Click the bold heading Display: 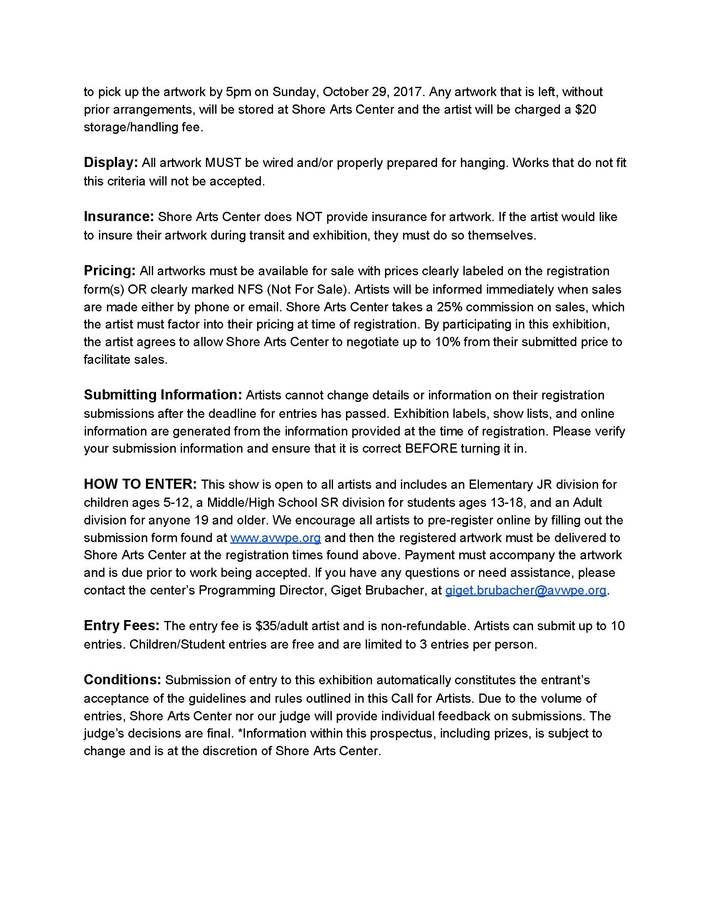tap(111, 163)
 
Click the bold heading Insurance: tap(119, 217)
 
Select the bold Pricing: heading tap(109, 271)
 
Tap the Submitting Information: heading tap(163, 395)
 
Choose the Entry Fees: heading tap(122, 626)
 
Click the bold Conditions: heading tap(122, 680)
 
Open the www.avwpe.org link tap(276, 537)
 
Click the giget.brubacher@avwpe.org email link tap(526, 590)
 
